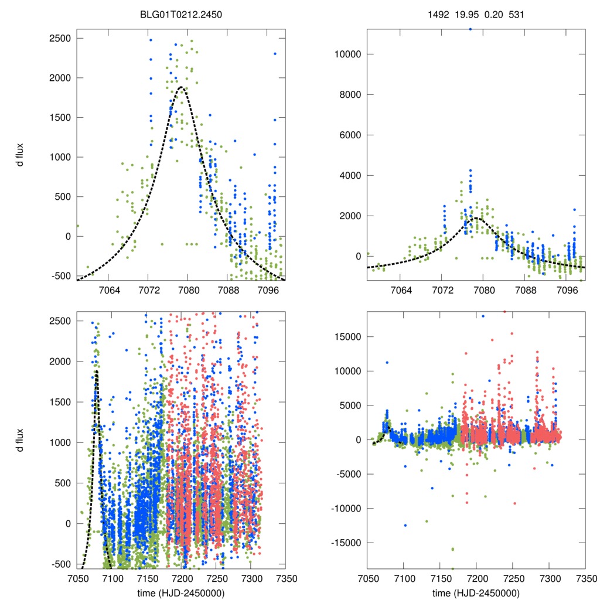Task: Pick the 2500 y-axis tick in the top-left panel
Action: coord(60,38)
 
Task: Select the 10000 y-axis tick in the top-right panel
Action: coord(346,54)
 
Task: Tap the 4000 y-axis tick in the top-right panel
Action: coord(349,175)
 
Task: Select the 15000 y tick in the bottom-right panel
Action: coord(346,337)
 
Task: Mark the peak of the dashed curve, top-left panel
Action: coord(182,87)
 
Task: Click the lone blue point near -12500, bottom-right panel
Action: coord(405,525)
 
